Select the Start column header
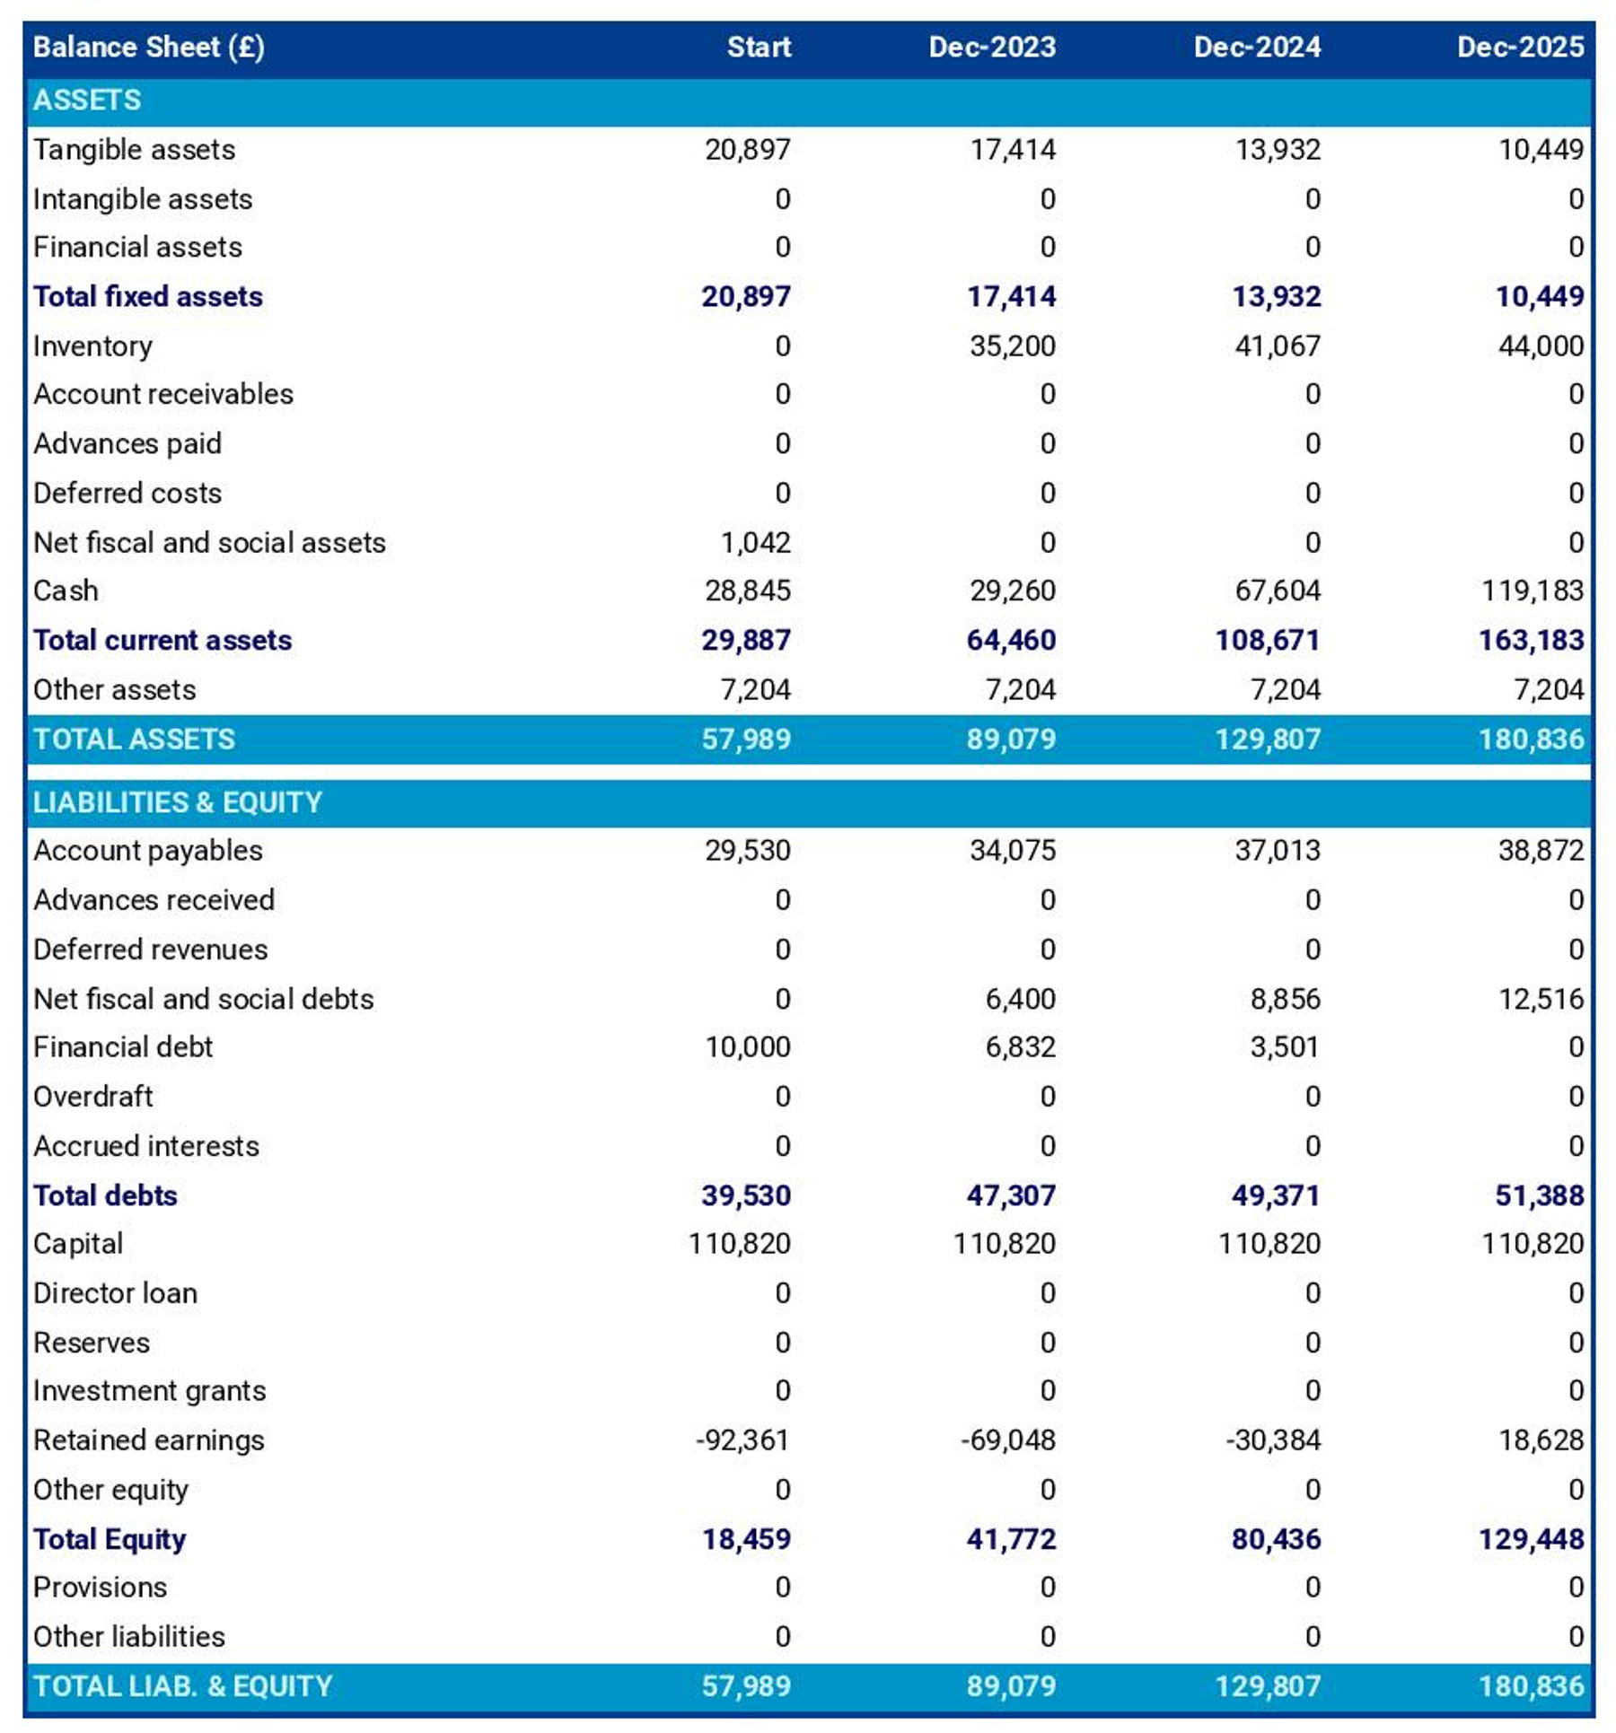pos(759,47)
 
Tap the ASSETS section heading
pos(87,100)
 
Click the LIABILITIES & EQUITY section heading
pos(177,801)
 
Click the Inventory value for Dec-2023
pos(1012,346)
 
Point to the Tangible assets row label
pos(134,149)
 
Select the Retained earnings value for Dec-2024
pos(1273,1440)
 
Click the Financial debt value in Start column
pos(747,1046)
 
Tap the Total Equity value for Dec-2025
pos(1531,1538)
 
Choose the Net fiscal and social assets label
pos(209,542)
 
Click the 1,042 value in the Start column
pos(755,542)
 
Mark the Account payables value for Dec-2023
pos(1012,850)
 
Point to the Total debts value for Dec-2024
pos(1275,1195)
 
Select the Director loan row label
pos(115,1292)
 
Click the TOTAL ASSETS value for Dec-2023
pos(1011,739)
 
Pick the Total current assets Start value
pos(745,640)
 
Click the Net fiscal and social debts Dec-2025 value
pos(1541,998)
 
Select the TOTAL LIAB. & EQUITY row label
pos(182,1685)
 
